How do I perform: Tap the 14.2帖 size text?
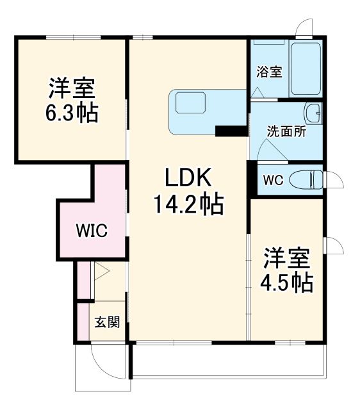tap(188, 204)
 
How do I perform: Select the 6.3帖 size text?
tap(71, 113)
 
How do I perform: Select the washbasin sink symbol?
tap(314, 113)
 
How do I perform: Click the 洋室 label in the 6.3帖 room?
tap(71, 87)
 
